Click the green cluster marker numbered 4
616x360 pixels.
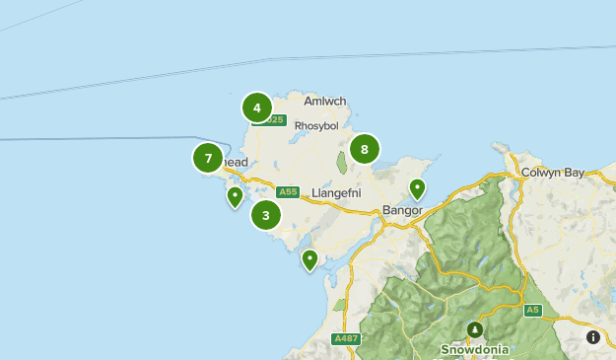pyautogui.click(x=256, y=108)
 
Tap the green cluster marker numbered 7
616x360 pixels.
pyautogui.click(x=208, y=157)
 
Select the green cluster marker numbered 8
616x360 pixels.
pyautogui.click(x=365, y=149)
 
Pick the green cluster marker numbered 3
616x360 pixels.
pyautogui.click(x=266, y=214)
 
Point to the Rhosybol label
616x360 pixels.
pyautogui.click(x=316, y=125)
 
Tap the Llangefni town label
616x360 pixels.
pyautogui.click(x=332, y=192)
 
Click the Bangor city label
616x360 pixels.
pyautogui.click(x=401, y=210)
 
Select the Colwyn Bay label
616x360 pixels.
pyautogui.click(x=554, y=172)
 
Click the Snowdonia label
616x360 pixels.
pyautogui.click(x=475, y=348)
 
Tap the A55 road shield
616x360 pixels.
pyautogui.click(x=288, y=191)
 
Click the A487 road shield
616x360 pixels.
pyautogui.click(x=346, y=338)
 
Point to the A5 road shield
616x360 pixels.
pyautogui.click(x=533, y=310)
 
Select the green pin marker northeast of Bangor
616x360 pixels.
pyautogui.click(x=418, y=188)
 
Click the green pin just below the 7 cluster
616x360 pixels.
pyautogui.click(x=235, y=196)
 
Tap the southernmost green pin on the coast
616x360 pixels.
pyautogui.click(x=309, y=259)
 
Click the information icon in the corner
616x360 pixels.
pyautogui.click(x=593, y=337)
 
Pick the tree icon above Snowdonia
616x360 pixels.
pyautogui.click(x=475, y=328)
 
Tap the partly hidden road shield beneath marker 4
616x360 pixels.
pyautogui.click(x=273, y=120)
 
